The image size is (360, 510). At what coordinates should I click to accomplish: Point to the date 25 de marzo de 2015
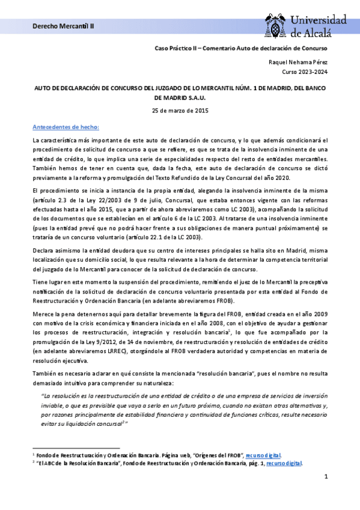pyautogui.click(x=180, y=111)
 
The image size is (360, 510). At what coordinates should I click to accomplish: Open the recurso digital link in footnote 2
pyautogui.click(x=288, y=463)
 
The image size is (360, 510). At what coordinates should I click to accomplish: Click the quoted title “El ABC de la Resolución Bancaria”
pyautogui.click(x=79, y=463)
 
